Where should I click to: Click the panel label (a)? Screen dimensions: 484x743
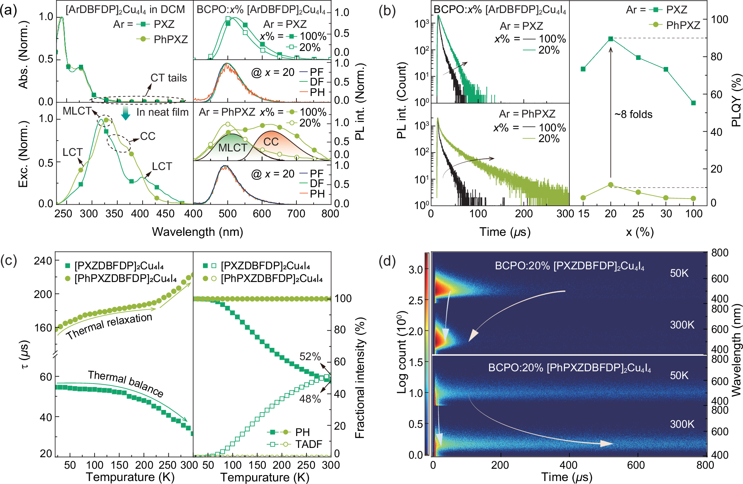pos(9,10)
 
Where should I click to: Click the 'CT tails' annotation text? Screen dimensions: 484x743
pos(168,78)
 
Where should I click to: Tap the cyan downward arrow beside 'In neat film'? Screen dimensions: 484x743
pos(126,113)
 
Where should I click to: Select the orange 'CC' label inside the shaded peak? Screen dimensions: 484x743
pos(271,142)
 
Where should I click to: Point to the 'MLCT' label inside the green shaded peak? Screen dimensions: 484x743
pos(232,148)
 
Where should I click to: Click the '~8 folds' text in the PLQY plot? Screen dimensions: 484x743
pos(634,114)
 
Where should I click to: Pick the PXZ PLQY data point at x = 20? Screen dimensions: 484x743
pos(610,39)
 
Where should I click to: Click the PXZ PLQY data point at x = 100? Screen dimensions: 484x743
pos(693,103)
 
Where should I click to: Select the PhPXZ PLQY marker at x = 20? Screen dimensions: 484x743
pos(610,185)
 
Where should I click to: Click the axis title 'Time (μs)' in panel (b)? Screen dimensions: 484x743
pos(505,232)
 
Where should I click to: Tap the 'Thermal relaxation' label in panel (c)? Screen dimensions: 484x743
pos(109,326)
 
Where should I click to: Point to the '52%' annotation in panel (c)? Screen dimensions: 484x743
pos(310,356)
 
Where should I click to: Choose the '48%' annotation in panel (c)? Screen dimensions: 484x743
pos(310,399)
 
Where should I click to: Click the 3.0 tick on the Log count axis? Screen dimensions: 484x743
pos(416,269)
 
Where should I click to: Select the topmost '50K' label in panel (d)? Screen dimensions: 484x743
pos(679,273)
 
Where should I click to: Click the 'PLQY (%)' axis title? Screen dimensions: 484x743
pos(736,100)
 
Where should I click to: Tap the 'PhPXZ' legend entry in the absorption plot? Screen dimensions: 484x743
pos(171,39)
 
